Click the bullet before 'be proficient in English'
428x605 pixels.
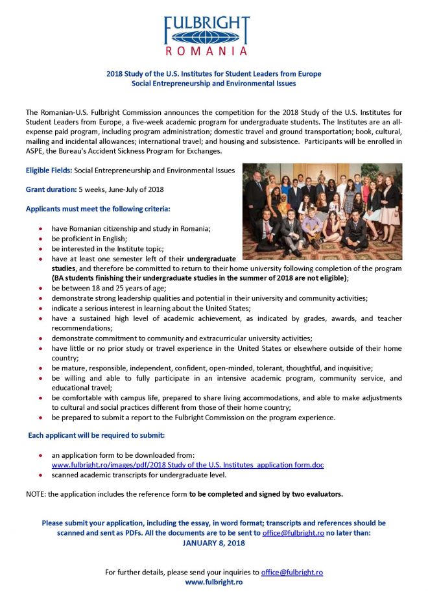tap(42, 239)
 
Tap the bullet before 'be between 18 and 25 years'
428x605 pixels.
tap(42, 288)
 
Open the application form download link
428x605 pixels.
tap(187, 465)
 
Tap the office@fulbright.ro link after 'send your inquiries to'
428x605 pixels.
tap(292, 573)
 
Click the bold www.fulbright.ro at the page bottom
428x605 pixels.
tap(213, 582)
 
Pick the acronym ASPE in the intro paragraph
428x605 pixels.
tap(36, 151)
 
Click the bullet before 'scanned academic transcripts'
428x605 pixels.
tap(42, 475)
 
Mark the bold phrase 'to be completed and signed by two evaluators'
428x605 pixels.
tap(266, 494)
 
